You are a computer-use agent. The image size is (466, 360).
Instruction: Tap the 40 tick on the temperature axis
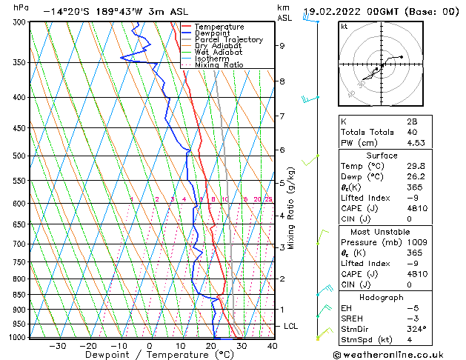click(272, 345)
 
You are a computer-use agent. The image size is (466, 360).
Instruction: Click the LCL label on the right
click(292, 326)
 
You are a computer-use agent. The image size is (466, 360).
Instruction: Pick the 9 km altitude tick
click(282, 46)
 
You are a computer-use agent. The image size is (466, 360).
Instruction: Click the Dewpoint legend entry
click(212, 33)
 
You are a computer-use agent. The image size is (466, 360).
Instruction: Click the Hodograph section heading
click(382, 297)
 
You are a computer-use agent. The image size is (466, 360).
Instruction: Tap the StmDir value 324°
click(424, 329)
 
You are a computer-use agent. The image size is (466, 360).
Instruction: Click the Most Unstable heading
click(382, 231)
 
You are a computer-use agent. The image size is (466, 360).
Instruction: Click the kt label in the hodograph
click(344, 26)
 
